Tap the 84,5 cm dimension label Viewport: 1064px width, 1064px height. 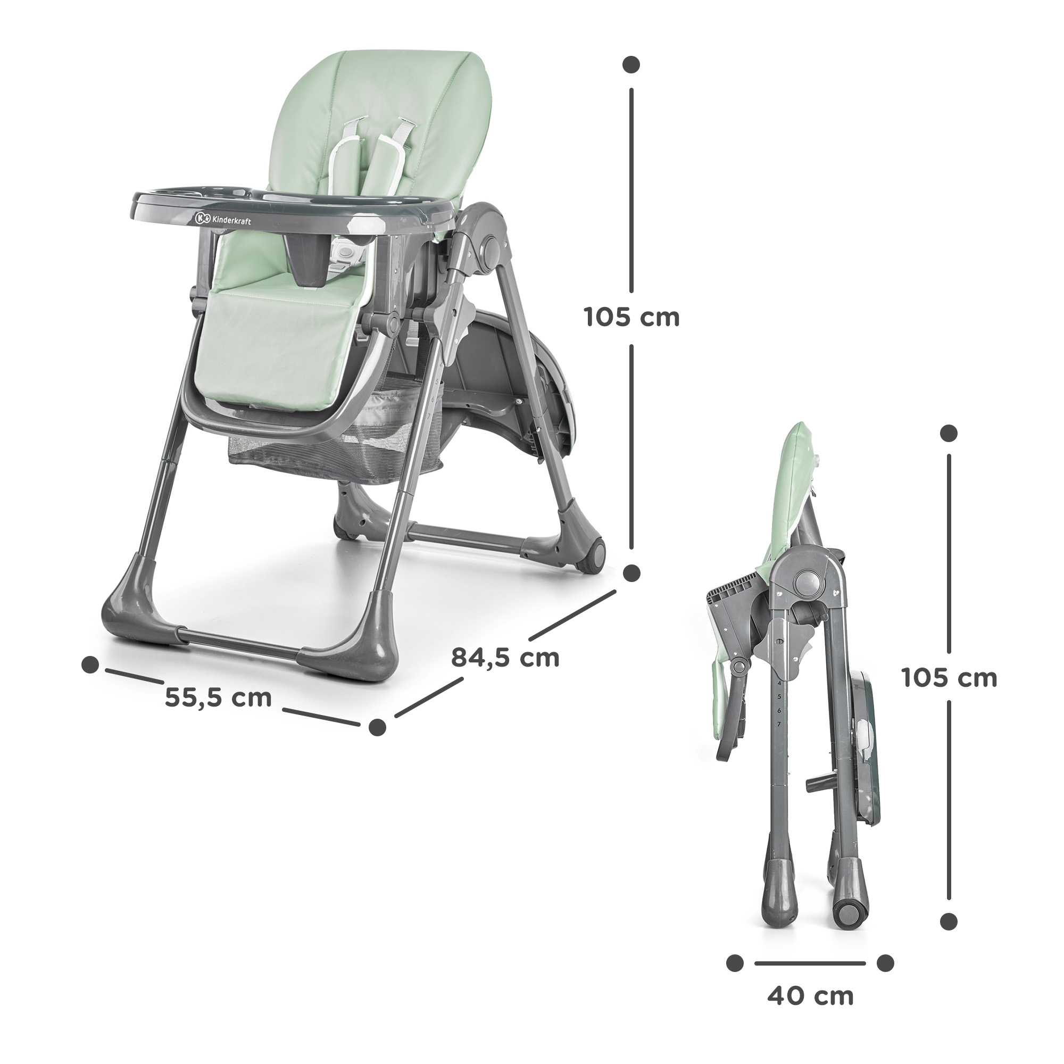[505, 658]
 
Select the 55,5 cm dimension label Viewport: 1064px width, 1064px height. [218, 698]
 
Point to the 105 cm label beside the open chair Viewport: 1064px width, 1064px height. [631, 318]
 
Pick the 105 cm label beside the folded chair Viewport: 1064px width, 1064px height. [950, 678]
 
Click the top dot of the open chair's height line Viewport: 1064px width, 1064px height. [631, 63]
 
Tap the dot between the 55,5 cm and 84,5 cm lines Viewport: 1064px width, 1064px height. [377, 727]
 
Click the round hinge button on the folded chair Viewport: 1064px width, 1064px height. [808, 581]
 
